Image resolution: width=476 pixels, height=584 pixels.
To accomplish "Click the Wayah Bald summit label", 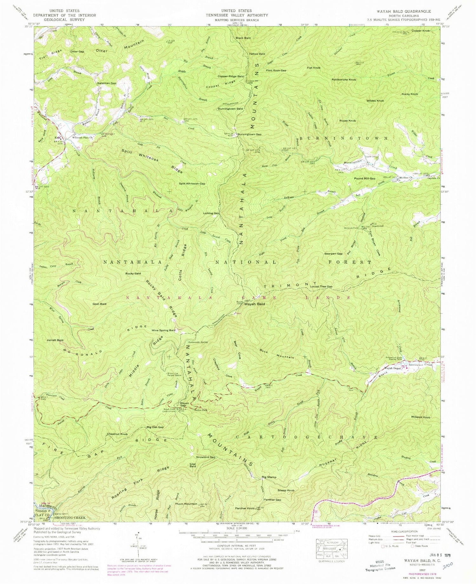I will pos(254,304).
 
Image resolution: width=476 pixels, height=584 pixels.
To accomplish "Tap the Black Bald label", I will pos(243,38).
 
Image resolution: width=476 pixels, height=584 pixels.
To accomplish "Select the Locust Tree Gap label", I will pos(321,286).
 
